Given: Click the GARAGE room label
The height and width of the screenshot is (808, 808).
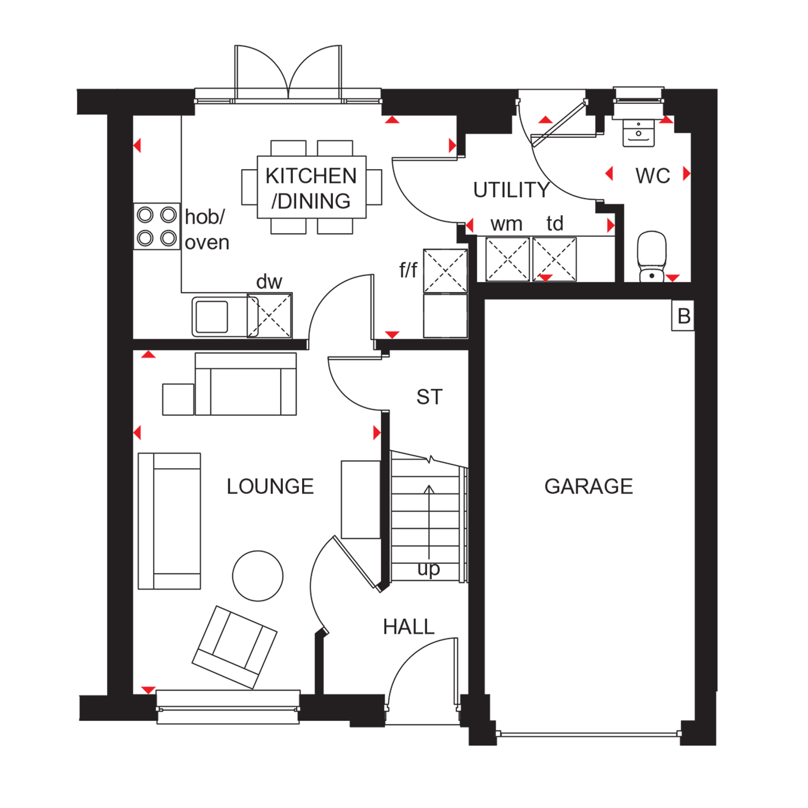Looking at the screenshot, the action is coord(589,486).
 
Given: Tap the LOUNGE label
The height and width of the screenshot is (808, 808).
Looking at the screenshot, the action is coord(270,486).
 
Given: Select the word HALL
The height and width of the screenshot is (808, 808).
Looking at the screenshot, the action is coord(409,627).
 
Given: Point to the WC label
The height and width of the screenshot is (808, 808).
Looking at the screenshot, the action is coord(653,176).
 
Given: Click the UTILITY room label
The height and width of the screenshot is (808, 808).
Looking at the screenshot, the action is coord(511,190).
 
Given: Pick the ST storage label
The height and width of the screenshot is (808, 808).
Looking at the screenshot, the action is coord(429,398).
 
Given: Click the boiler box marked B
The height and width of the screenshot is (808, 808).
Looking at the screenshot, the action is coord(683,316).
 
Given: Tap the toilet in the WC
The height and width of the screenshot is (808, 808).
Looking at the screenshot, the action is coord(652,256).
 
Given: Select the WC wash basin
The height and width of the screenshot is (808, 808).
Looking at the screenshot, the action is coord(638,133).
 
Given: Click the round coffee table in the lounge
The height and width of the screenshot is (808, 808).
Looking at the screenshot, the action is coord(257,576).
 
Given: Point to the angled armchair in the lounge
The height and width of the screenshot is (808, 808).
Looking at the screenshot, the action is coord(235,647).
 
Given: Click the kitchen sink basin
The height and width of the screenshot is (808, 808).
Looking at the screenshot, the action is coord(212,317).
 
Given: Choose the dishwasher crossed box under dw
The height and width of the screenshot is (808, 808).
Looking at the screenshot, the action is coord(269,316).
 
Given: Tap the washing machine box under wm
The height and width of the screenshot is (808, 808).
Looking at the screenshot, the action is coord(507,259).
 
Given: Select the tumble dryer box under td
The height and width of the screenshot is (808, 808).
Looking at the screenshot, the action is coord(554,259).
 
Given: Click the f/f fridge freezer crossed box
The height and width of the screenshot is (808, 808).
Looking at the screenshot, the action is coord(445,271).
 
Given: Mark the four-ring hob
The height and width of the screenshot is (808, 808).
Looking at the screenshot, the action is coord(157,226).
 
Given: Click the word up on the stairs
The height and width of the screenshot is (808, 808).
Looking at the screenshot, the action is coord(429,569).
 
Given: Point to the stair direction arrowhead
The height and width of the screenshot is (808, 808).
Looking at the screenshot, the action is coord(429,489).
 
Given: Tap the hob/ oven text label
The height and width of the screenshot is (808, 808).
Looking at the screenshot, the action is coord(207,230).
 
